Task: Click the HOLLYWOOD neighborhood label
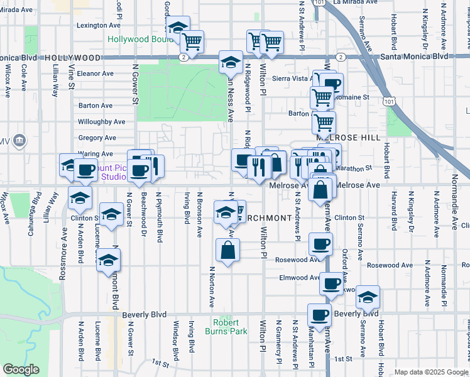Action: pos(74,57)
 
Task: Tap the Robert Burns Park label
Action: pos(221,327)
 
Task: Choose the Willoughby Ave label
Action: pos(102,122)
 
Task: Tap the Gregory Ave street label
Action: pos(97,138)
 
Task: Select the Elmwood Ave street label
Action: pos(301,277)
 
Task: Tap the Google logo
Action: pos(21,369)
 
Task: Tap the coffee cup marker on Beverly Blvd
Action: pos(319,315)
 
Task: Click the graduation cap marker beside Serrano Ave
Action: pos(368,297)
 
